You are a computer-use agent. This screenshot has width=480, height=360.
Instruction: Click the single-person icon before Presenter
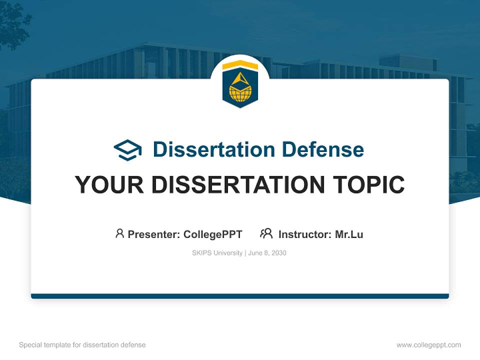click(x=119, y=233)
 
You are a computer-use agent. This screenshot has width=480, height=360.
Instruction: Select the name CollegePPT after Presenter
click(x=213, y=234)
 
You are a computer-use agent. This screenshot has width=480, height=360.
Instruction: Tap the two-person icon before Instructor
click(x=266, y=233)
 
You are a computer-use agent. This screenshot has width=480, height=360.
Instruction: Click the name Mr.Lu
click(x=349, y=234)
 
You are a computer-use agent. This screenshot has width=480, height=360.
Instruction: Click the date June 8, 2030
click(x=267, y=253)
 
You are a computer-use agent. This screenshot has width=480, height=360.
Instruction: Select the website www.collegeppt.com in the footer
click(x=428, y=345)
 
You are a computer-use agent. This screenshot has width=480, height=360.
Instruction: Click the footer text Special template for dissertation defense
click(x=82, y=345)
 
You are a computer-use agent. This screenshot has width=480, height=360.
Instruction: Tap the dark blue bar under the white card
click(x=240, y=296)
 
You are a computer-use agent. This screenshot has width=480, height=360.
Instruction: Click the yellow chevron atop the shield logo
click(x=240, y=65)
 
